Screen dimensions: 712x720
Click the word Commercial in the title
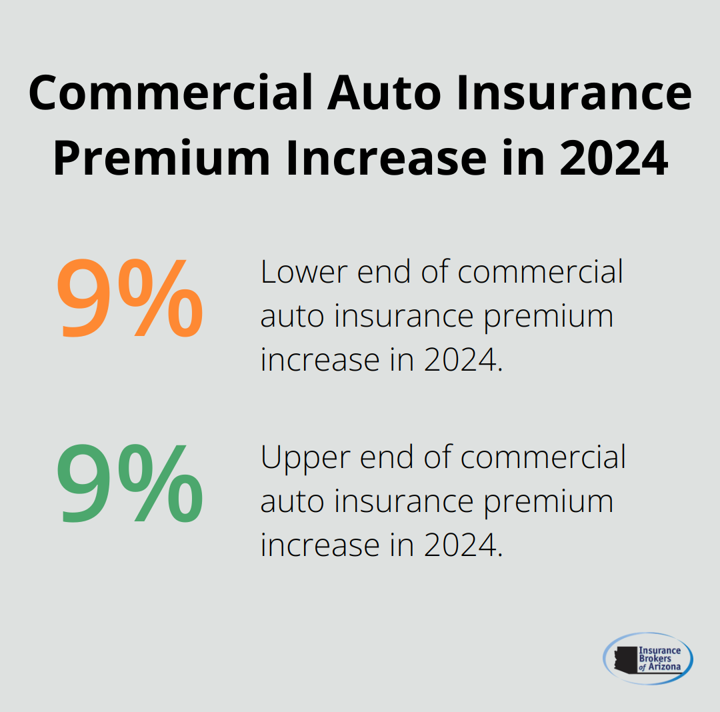pos(171,93)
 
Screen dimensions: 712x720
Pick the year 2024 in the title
pos(613,159)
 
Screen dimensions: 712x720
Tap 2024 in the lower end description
pos(460,361)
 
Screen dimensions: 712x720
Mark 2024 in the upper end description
pos(460,546)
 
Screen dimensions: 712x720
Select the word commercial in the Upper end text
pos(543,457)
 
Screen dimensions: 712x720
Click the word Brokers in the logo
pos(656,659)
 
